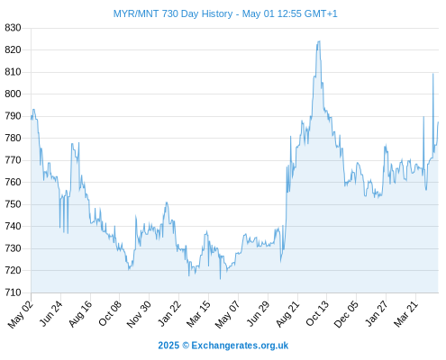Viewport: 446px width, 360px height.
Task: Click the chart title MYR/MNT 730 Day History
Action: click(173, 13)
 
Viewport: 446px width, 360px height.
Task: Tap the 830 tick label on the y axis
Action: click(13, 28)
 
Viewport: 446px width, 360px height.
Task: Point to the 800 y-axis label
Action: click(13, 94)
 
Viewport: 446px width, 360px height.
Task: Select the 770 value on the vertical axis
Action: click(13, 160)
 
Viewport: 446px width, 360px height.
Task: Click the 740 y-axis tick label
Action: click(13, 226)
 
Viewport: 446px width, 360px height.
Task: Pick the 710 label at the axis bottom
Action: click(13, 292)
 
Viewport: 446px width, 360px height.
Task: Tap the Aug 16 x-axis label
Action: click(80, 313)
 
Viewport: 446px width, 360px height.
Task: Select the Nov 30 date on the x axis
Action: click(139, 314)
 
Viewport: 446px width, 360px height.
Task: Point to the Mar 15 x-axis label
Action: click(198, 313)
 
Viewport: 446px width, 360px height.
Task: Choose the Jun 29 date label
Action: click(259, 313)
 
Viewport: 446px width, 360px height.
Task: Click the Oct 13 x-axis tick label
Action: click(317, 313)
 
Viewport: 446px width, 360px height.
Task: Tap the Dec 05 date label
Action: click(346, 314)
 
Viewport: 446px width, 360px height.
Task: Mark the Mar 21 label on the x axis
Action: click(405, 313)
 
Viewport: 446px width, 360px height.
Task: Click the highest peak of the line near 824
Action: click(319, 41)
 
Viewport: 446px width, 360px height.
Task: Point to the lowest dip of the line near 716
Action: click(220, 279)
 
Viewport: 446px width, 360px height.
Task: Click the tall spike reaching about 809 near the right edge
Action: click(432, 74)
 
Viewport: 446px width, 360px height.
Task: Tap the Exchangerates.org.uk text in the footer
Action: click(240, 346)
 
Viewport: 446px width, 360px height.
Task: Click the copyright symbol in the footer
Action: click(186, 346)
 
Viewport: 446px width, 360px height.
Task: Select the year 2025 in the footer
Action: click(168, 346)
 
